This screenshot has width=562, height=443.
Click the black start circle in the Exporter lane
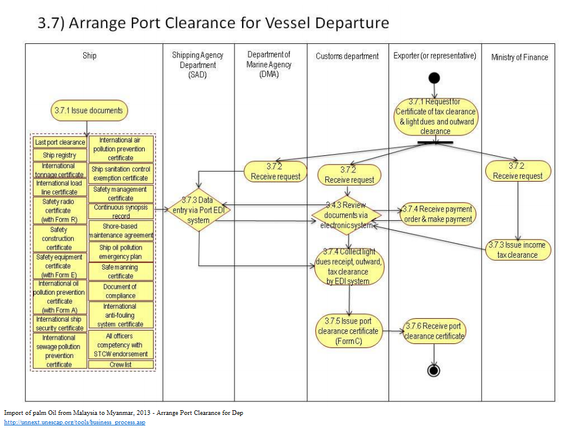point(434,77)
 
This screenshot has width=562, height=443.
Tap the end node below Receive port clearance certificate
point(434,370)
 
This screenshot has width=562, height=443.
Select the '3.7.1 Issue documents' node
point(88,110)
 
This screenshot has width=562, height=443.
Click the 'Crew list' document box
point(121,364)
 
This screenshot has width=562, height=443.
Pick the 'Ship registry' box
point(59,155)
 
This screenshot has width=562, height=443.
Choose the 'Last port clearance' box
point(59,142)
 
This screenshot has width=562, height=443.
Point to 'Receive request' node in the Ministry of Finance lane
point(517,171)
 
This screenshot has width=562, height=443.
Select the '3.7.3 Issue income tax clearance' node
point(517,250)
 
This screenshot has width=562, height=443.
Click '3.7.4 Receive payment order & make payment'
point(437,214)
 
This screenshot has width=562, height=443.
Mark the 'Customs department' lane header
point(347,56)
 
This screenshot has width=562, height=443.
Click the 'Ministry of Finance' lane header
point(519,57)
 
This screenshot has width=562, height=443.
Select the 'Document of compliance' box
point(120,291)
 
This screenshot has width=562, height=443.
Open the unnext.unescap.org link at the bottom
point(74,422)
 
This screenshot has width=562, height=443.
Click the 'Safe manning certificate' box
point(120,271)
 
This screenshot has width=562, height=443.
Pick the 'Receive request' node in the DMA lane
point(275,171)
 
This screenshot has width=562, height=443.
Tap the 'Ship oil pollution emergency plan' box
point(120,252)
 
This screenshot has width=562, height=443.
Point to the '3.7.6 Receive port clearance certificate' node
point(435,331)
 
